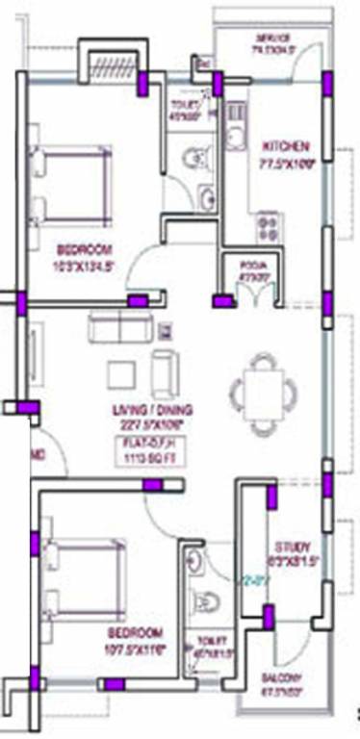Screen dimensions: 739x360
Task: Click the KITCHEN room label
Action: pos(287,146)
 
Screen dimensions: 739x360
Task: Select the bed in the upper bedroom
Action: pos(64,183)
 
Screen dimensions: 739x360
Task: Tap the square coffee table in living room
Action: pos(121,374)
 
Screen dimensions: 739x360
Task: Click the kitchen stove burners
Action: pos(266,228)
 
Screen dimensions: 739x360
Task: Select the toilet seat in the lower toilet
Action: pos(205,602)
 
